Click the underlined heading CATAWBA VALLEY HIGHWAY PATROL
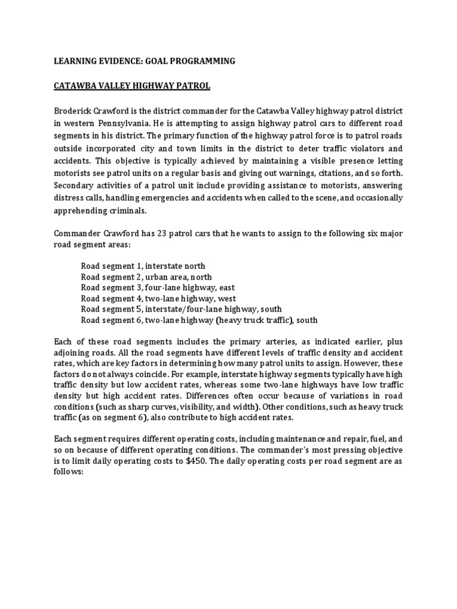coord(132,86)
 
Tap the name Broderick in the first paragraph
coord(75,111)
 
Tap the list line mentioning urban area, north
coord(146,277)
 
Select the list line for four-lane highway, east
coord(149,287)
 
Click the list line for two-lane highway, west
coord(150,298)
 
